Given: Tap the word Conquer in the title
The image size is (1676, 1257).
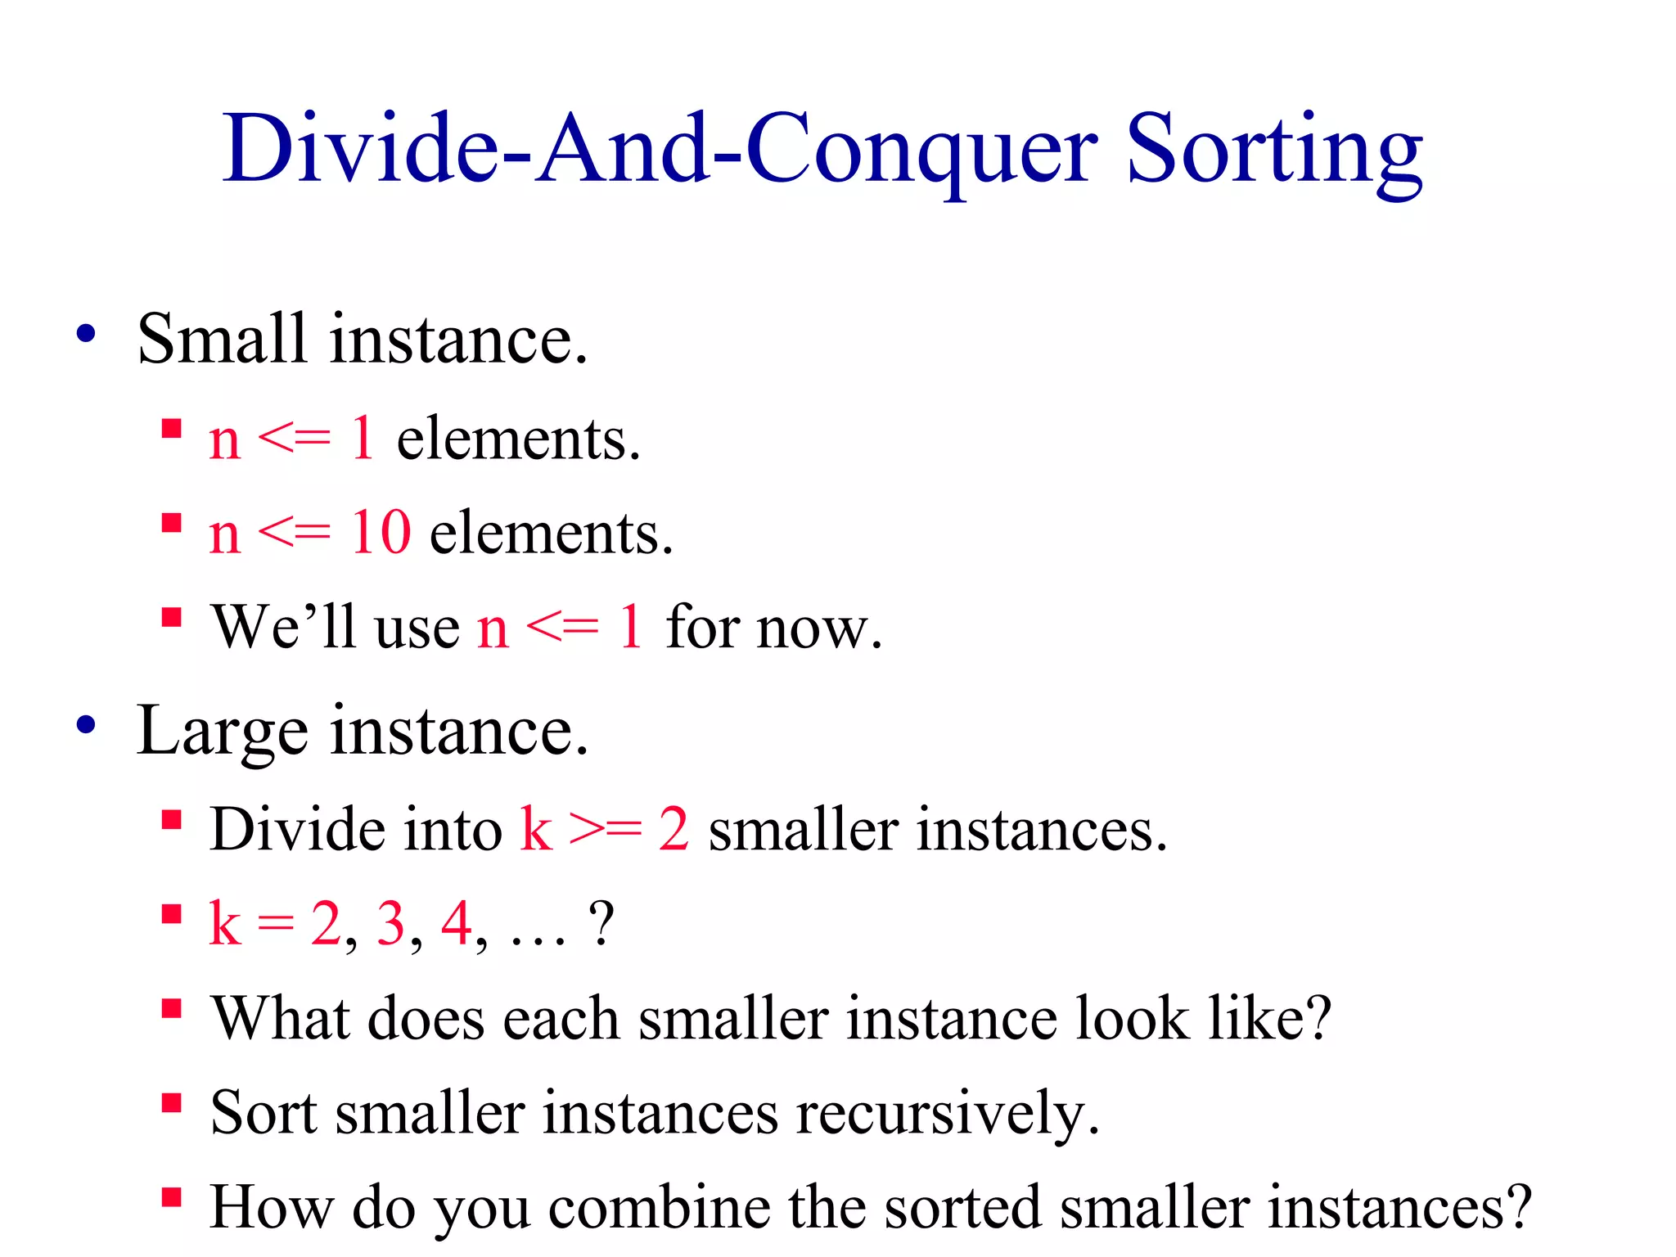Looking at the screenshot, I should (x=921, y=151).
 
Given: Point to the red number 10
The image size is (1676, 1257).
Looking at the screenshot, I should (x=381, y=533).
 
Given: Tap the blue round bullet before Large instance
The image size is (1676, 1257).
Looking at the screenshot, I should (x=86, y=725).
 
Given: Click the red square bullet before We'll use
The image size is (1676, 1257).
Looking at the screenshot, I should (x=171, y=616).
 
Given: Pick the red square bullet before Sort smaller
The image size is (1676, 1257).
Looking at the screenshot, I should (x=171, y=1103).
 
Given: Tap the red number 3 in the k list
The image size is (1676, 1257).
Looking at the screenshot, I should (x=390, y=923).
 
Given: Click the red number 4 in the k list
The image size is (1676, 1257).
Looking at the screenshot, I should (x=456, y=923).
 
